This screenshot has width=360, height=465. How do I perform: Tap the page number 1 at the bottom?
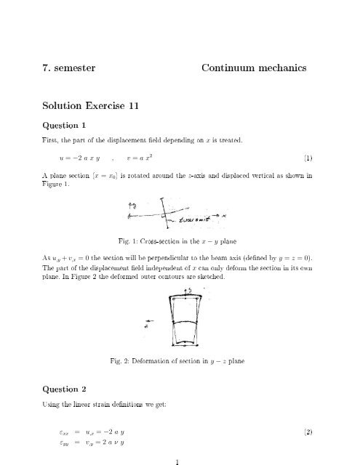179,460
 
